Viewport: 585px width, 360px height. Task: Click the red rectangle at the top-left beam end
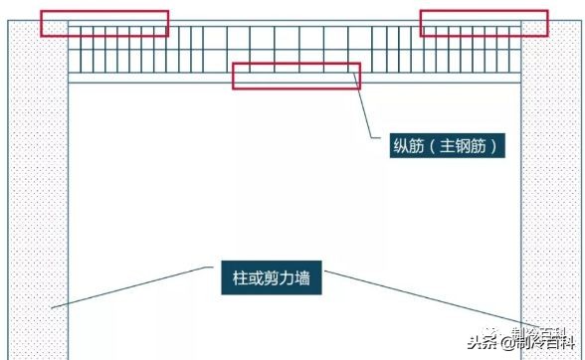103,24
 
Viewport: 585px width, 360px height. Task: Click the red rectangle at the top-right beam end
484,24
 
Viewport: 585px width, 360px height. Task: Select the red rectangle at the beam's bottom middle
295,76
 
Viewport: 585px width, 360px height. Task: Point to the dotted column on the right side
551,199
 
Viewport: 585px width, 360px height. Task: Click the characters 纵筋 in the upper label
409,147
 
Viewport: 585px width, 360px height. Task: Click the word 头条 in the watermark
487,343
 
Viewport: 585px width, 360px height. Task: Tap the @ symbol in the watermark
507,343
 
